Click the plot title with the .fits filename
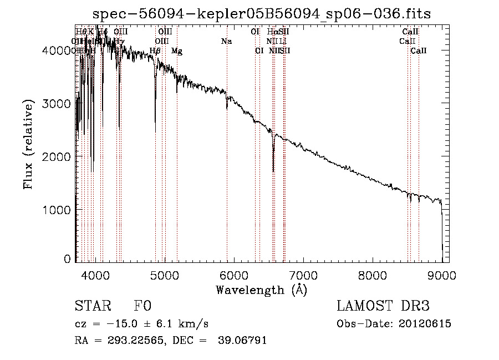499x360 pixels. [261, 13]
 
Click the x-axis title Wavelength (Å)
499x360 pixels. [261, 290]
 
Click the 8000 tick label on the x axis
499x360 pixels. [373, 275]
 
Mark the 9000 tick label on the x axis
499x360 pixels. [442, 275]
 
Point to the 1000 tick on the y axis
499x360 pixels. [57, 210]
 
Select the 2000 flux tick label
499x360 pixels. [57, 156]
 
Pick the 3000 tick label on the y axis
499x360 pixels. [57, 104]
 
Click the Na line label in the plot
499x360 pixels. [226, 42]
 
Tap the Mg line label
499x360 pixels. [177, 51]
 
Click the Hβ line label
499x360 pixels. [155, 51]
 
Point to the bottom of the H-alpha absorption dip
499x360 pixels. [273, 171]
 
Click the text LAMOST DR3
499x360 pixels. [383, 306]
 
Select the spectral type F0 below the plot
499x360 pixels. [143, 306]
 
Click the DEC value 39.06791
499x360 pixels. [245, 341]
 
